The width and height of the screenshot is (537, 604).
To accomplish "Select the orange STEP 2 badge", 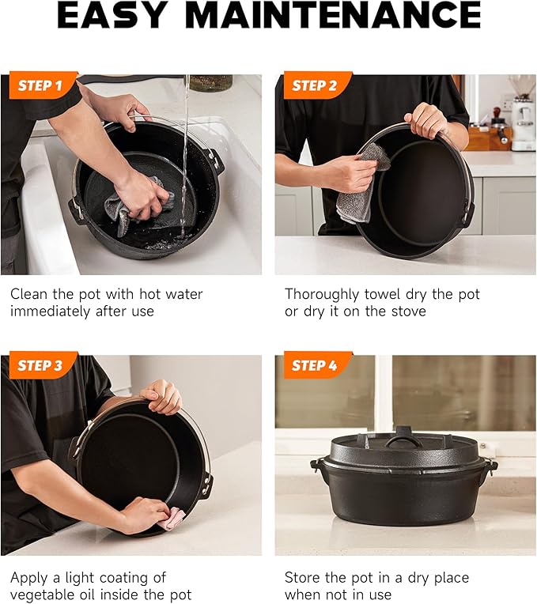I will (313, 85).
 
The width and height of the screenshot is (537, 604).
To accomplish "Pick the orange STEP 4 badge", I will (313, 365).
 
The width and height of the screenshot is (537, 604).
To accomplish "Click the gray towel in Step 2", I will (360, 186).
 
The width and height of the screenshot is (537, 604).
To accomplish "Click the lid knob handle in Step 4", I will (403, 436).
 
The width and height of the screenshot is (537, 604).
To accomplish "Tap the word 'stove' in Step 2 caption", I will (406, 311).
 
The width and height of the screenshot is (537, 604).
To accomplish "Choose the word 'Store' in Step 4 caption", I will (303, 578).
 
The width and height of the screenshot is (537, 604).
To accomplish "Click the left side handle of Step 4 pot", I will (318, 466).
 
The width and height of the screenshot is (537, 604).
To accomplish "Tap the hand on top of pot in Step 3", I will (162, 395).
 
